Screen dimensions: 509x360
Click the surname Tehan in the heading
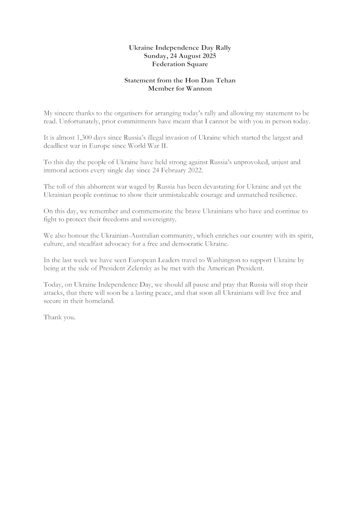point(225,81)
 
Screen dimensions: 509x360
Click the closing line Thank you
point(60,317)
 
